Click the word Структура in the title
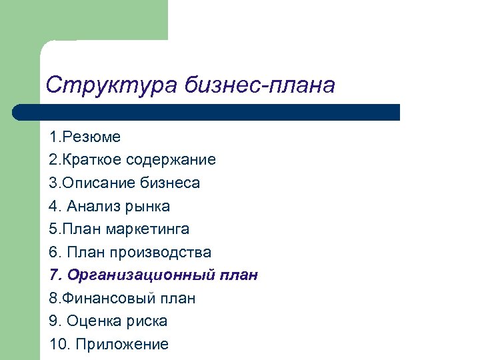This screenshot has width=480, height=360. (107, 85)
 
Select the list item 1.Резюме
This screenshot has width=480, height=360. (85, 137)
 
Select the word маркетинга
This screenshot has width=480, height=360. (147, 229)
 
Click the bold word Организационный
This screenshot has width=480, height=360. (137, 275)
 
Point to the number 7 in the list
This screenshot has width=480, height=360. (53, 275)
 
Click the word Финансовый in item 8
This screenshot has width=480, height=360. (99, 298)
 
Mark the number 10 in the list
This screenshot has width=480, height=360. (58, 344)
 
